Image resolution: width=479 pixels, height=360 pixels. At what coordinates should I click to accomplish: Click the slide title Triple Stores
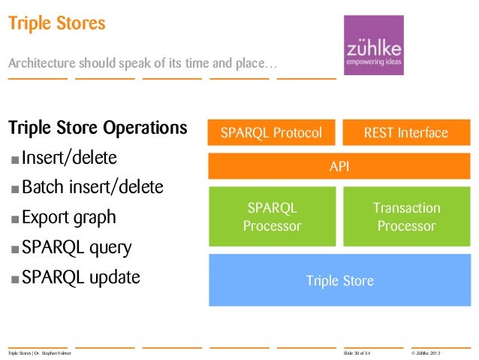coord(56,24)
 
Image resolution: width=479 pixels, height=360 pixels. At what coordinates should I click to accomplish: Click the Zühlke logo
coord(373,45)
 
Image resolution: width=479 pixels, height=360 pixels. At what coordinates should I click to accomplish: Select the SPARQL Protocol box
coord(271,133)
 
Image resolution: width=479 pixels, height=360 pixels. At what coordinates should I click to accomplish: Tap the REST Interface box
coord(405,133)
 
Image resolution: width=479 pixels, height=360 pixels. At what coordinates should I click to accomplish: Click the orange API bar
coord(339,166)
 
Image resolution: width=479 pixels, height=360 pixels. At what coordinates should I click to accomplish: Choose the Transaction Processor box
coord(405,216)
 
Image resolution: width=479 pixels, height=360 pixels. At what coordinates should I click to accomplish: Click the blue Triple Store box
coord(339,281)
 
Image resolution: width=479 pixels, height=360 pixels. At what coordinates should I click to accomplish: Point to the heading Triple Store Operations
coord(98,128)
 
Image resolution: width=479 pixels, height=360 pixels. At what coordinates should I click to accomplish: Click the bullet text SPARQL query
coord(76,248)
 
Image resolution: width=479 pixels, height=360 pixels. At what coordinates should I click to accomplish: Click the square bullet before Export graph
coord(15,220)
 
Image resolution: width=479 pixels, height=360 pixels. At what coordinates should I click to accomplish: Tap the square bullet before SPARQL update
coord(15,280)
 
